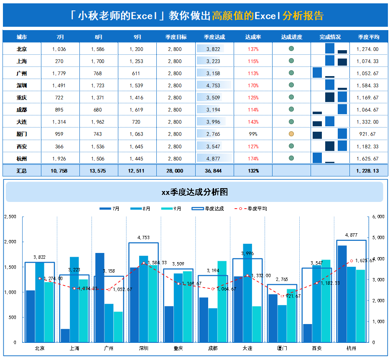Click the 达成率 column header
point(253,37)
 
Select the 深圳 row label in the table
point(22,85)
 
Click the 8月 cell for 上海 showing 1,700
point(98,61)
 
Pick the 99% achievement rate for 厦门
point(253,134)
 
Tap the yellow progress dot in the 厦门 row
point(291,134)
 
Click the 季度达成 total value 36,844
point(214,171)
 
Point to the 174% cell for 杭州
point(253,158)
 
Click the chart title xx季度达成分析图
point(194,192)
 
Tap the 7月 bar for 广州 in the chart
point(99,297)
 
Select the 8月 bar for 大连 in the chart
point(247,293)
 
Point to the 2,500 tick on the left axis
point(10,217)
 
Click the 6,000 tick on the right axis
point(378,217)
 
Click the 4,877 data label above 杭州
point(352,235)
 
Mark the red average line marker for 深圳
point(144,263)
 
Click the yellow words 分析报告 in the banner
point(303,16)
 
